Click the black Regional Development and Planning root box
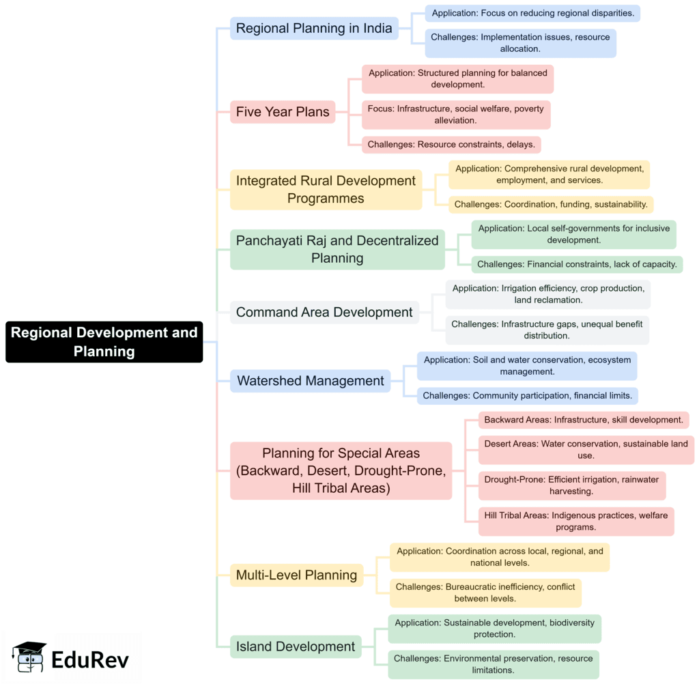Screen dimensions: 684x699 (104, 342)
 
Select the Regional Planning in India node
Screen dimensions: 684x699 (314, 28)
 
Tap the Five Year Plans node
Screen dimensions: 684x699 (283, 112)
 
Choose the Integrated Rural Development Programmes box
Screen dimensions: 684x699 (326, 190)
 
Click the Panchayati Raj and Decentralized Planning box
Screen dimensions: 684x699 (337, 249)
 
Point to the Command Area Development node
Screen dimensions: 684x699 (324, 312)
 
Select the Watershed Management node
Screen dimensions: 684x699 (311, 381)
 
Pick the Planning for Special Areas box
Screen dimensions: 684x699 (341, 470)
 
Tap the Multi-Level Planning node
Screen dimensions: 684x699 (296, 575)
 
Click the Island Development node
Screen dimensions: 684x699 (296, 646)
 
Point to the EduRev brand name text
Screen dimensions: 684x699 (90, 659)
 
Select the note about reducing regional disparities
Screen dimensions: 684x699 (532, 13)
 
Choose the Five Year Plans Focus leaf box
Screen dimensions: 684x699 (455, 115)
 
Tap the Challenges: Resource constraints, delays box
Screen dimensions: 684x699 (451, 145)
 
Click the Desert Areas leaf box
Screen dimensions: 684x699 (586, 450)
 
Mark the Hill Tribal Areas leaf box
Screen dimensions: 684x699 (576, 521)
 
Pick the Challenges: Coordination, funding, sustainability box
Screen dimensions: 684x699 (551, 204)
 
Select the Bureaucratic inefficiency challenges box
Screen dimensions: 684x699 (485, 593)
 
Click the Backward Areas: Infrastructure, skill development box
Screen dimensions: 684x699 (584, 420)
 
